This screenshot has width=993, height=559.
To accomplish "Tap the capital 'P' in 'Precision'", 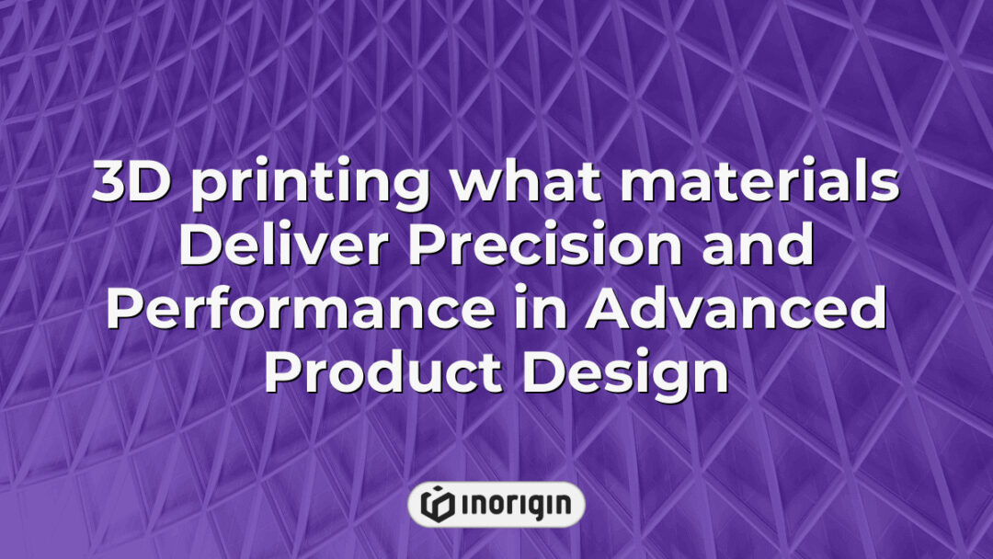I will [426, 248].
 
